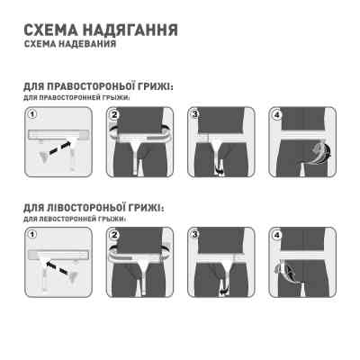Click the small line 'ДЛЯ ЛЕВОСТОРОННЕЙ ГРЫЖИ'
[76, 216]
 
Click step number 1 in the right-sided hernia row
[31, 114]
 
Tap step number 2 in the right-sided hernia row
[114, 114]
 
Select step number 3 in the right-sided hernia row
[196, 114]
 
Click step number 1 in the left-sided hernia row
[31, 234]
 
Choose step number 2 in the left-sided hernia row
[114, 234]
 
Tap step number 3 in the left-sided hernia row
[196, 234]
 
